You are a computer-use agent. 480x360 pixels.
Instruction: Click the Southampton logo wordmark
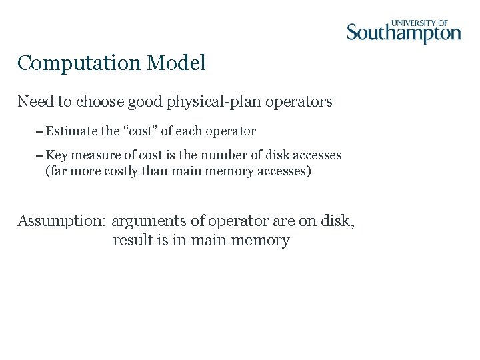403,33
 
